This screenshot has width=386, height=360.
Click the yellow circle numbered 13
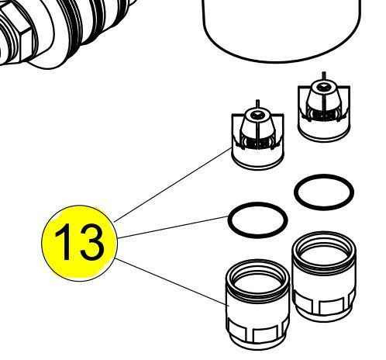pos(79,243)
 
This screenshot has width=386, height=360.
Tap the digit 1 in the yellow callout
pos(64,241)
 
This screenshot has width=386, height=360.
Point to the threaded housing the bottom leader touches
pos(257,305)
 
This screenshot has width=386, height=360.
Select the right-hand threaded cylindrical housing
pos(324,277)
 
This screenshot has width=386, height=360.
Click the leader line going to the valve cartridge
pos(173,185)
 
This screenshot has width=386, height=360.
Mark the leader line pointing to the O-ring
pos(173,227)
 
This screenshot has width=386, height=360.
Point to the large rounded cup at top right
pos(281,26)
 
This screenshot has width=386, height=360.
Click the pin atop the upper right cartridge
pos(324,76)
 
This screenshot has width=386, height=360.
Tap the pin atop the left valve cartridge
pos(257,104)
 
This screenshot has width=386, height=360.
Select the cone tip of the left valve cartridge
pos(257,122)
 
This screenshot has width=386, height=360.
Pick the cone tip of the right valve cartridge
pos(324,94)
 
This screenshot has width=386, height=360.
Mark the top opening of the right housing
pos(324,251)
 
